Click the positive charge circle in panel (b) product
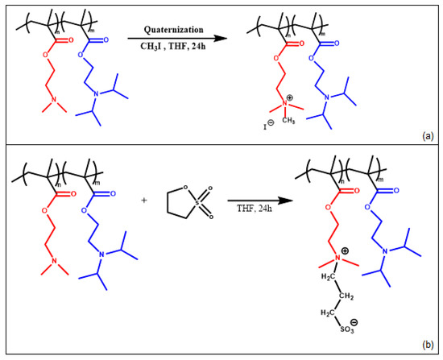(x=332, y=250)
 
